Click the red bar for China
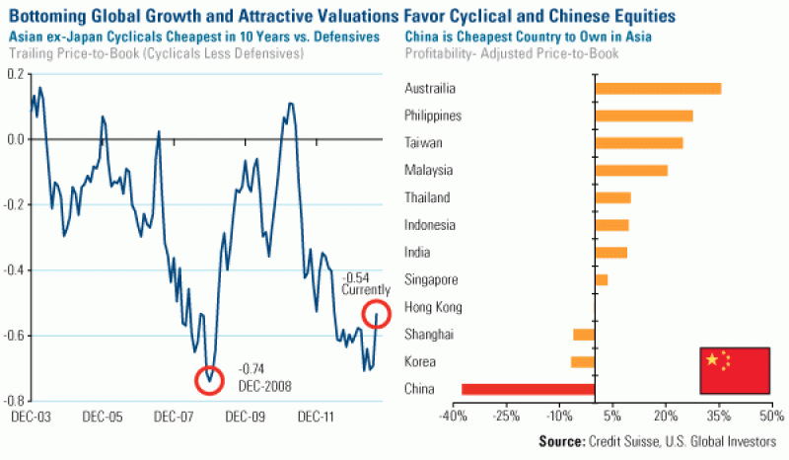528,389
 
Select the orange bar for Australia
658,89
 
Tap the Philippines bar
643,115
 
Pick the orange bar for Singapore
601,279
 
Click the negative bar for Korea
583,361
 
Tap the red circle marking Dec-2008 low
208,378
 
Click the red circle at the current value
377,314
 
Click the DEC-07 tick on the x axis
173,417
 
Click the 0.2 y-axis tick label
16,74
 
